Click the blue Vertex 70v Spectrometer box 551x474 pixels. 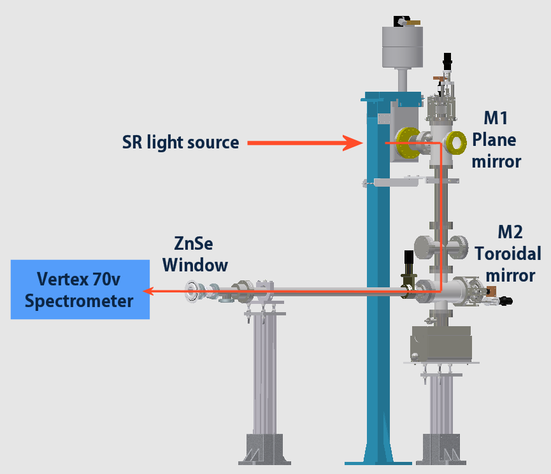coord(80,289)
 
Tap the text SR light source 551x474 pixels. coord(180,141)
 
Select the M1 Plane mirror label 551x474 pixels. coord(496,140)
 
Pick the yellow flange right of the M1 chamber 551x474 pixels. coord(457,143)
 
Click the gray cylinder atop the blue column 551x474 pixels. coord(403,47)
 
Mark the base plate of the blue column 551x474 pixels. coord(378,461)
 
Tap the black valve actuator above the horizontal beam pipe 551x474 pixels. coord(408,260)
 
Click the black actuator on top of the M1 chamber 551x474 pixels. coord(448,62)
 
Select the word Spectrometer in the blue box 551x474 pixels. coord(80,300)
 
